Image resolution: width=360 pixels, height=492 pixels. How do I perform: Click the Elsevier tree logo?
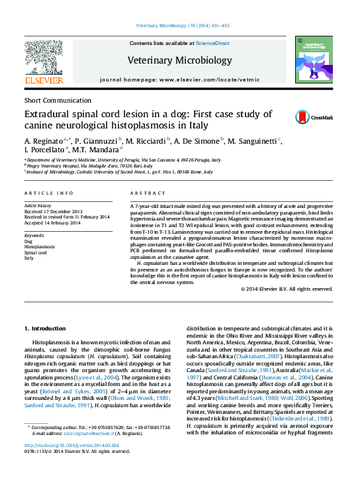click(44, 61)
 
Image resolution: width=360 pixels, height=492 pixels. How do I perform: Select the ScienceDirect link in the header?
click(214, 43)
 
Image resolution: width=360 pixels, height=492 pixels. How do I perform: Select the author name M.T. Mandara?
click(100, 151)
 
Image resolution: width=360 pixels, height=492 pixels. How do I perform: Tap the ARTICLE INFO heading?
click(49, 193)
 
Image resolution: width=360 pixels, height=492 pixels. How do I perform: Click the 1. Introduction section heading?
click(46, 328)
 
